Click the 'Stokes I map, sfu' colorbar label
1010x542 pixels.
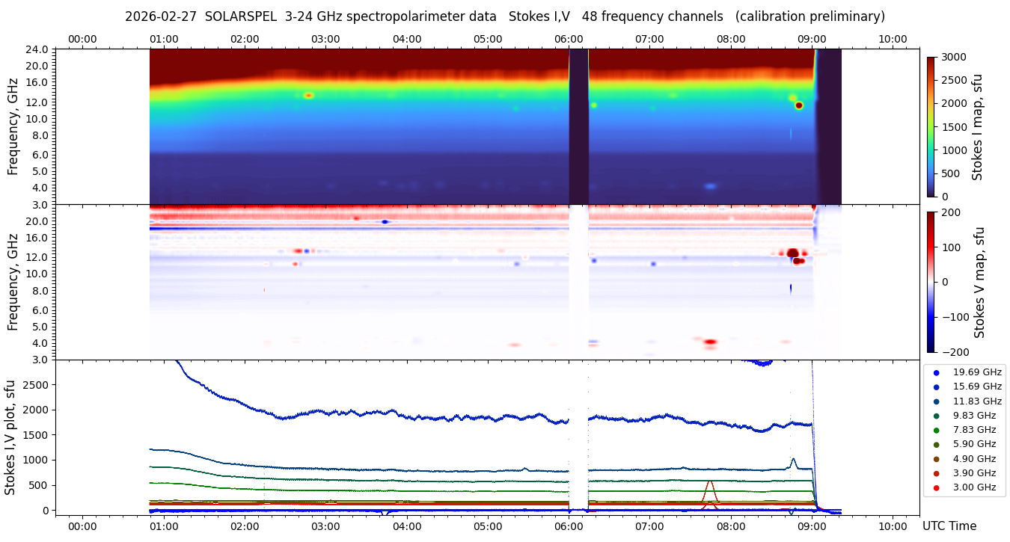coord(977,126)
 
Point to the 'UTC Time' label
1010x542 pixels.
coord(949,526)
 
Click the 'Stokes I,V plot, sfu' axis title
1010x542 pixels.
coord(10,437)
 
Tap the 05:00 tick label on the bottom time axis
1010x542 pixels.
coord(488,526)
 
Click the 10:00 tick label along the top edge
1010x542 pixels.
coord(893,39)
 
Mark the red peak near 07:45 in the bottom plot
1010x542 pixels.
coord(709,481)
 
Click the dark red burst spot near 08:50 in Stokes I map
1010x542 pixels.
coord(799,105)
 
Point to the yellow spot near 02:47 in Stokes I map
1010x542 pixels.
coord(308,95)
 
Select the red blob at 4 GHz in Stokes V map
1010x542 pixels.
coord(710,342)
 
